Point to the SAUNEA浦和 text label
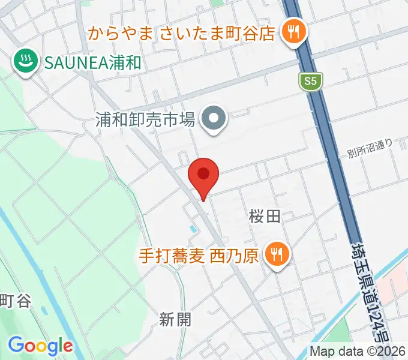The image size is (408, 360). click(x=92, y=61)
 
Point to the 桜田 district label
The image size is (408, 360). click(x=265, y=217)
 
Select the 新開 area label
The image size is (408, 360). click(x=176, y=320)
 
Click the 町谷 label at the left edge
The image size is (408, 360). click(x=15, y=301)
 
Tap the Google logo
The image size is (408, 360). click(x=40, y=346)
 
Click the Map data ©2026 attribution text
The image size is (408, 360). click(x=358, y=352)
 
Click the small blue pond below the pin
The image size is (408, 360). click(x=191, y=229)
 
